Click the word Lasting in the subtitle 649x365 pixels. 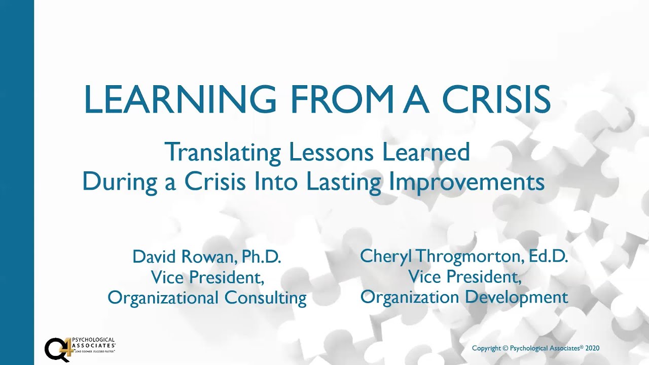coord(344,182)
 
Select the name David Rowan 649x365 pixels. coord(183,257)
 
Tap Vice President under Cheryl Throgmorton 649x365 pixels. coord(464,277)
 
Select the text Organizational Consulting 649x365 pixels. coord(207,298)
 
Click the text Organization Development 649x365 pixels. coord(464,297)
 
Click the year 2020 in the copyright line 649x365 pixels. coord(592,348)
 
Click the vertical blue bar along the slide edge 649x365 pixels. coord(17,182)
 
